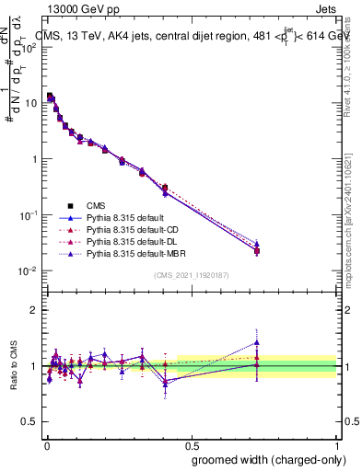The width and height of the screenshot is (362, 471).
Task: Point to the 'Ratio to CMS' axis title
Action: [x=13, y=366]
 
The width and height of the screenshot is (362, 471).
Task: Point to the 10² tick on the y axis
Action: [x=29, y=47]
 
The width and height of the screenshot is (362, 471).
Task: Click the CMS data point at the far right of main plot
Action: [x=257, y=250]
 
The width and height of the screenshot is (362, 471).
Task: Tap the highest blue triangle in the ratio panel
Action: [x=257, y=342]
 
